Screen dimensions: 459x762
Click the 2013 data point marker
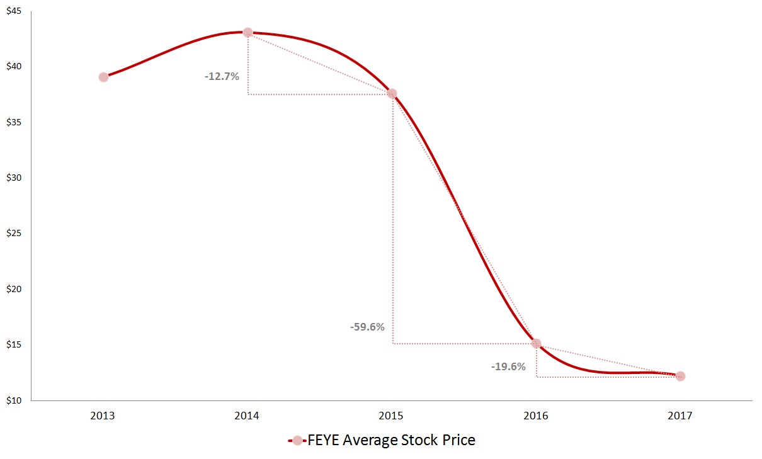coord(103,77)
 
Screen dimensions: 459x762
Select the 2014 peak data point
coord(247,32)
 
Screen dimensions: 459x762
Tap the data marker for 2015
coord(392,94)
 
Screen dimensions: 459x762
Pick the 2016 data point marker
coord(536,343)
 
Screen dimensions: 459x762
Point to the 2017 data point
coord(680,376)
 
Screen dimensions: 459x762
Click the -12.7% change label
coord(222,76)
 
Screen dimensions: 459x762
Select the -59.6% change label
coord(367,327)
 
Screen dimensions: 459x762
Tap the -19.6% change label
coord(508,366)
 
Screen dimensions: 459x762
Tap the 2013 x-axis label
coord(102,416)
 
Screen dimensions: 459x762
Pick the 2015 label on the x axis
coord(391,416)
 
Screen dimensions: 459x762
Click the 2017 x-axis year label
coord(680,416)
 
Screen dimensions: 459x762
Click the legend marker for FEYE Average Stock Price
coord(297,441)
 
